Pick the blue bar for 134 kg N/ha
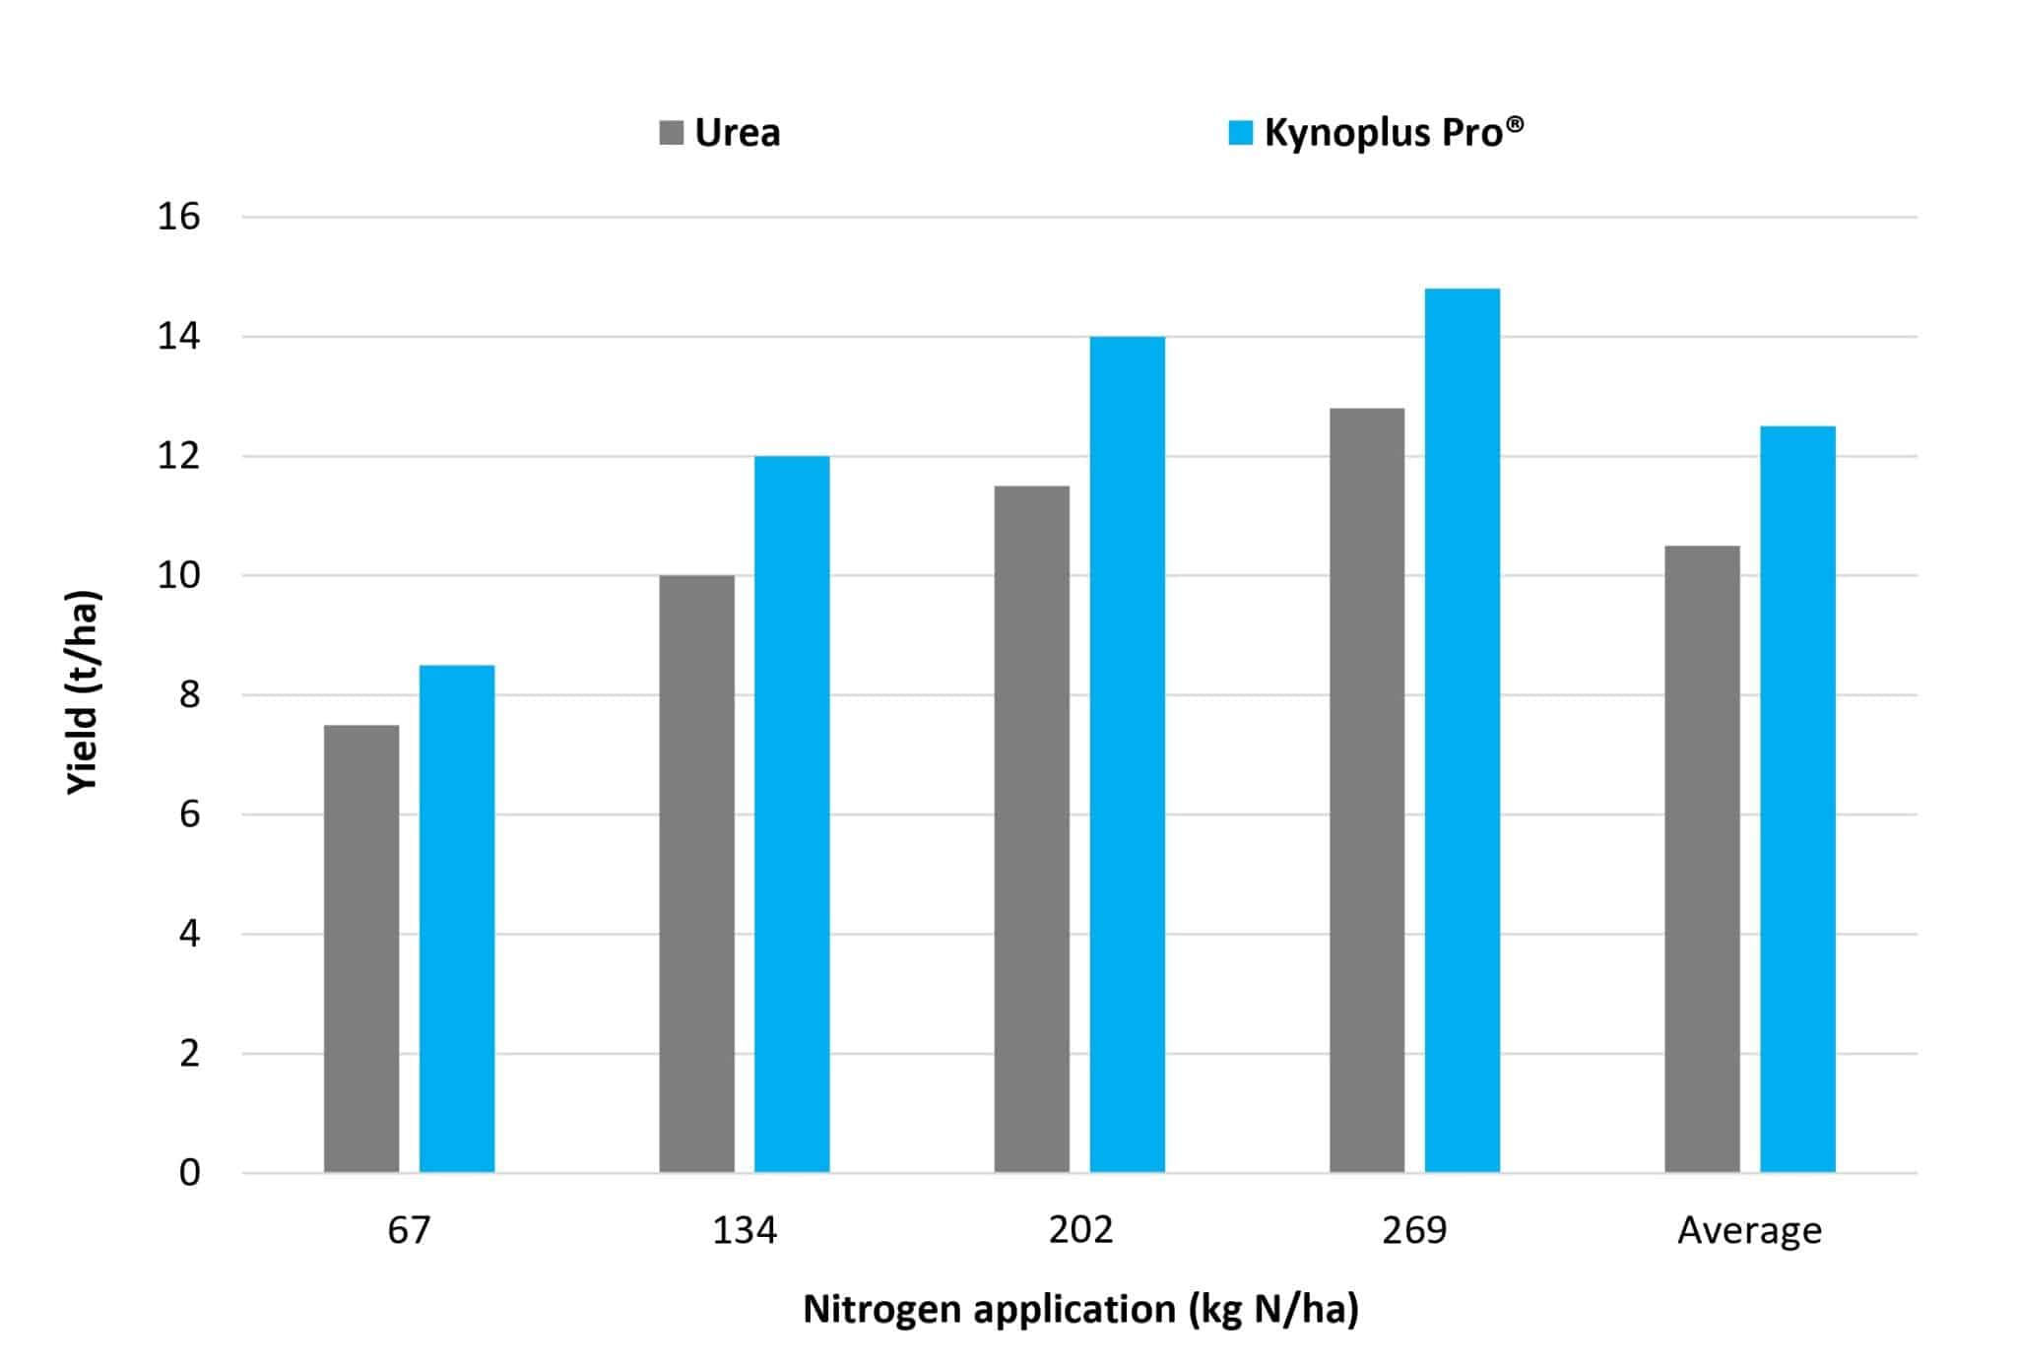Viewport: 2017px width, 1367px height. point(792,814)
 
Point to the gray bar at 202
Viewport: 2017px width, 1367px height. point(1031,829)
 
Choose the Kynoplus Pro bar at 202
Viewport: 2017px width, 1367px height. point(1127,754)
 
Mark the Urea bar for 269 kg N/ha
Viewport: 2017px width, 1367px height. point(1367,790)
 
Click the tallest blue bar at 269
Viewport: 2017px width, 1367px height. point(1462,731)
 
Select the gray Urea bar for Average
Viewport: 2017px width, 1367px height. point(1702,859)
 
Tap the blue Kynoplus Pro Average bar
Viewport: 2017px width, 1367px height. point(1797,799)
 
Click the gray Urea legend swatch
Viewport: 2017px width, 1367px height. point(671,133)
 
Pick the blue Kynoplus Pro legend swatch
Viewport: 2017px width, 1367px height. point(1241,133)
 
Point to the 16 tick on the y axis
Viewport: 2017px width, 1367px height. point(178,217)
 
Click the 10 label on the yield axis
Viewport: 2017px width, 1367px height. point(178,575)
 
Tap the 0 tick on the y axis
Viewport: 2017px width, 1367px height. point(189,1173)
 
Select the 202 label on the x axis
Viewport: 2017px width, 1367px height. point(1080,1230)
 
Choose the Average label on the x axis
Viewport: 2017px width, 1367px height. point(1749,1231)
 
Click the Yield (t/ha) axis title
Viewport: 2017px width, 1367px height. point(84,691)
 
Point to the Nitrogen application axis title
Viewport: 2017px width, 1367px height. point(1080,1309)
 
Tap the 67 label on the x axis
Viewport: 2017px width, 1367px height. point(409,1230)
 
